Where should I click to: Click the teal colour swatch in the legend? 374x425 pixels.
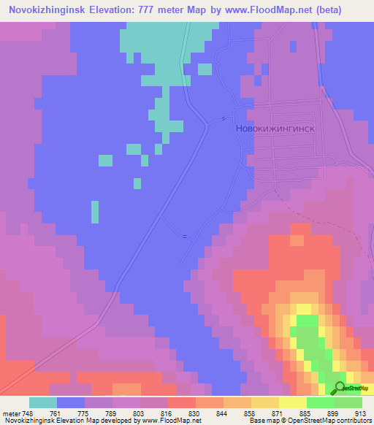tap(43, 402)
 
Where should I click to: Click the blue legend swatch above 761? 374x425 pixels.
tap(71, 402)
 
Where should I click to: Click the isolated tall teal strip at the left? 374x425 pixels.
tap(94, 212)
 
